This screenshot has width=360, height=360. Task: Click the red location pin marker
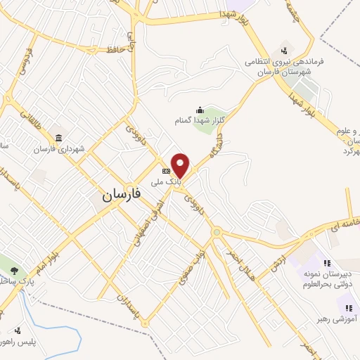pos(181,165)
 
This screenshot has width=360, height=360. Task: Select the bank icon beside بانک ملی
pos(167,171)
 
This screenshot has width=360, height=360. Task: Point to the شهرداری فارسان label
pos(59,149)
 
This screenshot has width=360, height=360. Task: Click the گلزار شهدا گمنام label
pos(199,120)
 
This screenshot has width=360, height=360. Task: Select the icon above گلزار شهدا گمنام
pos(200,109)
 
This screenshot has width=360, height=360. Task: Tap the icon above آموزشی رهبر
pos(347,308)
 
